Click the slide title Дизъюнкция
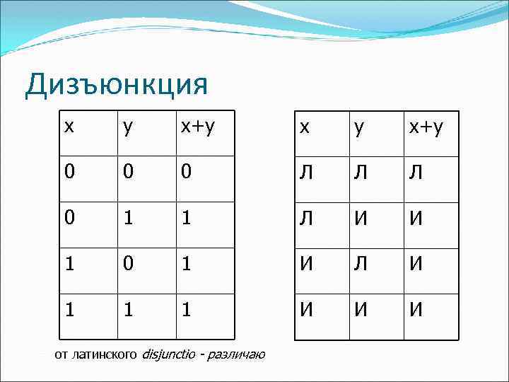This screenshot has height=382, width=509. tap(117, 85)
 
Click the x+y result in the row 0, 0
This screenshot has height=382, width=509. tap(185, 173)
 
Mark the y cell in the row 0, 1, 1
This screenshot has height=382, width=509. tap(127, 219)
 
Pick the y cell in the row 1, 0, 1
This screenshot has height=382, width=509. tap(127, 265)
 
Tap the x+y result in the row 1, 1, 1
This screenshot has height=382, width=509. tap(185, 310)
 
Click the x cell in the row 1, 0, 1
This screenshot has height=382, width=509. tap(69, 265)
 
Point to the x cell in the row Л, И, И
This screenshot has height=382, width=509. tap(305, 219)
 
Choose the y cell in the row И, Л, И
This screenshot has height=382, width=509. tap(362, 265)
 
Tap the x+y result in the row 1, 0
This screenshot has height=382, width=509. tap(185, 265)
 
